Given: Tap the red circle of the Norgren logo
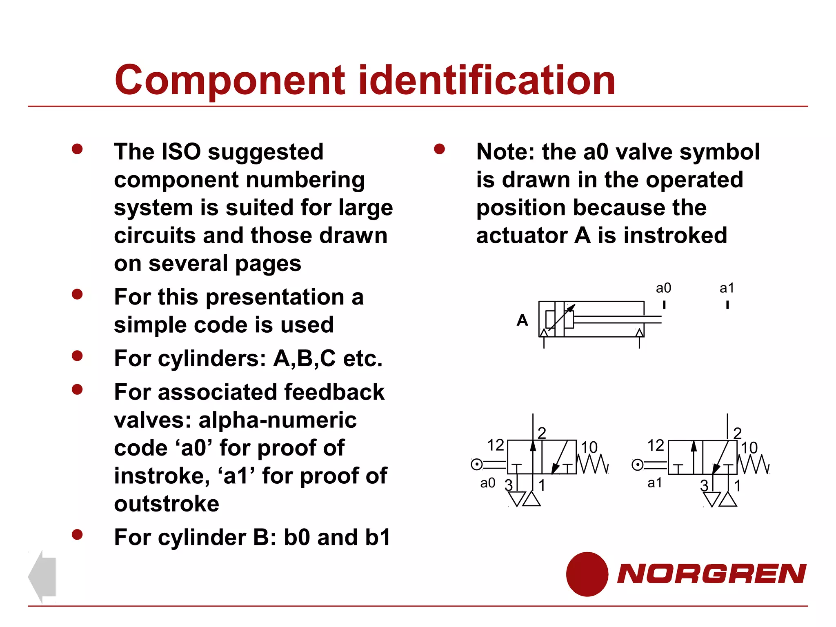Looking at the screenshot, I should [x=587, y=574].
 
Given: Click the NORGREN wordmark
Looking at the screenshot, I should [x=711, y=574].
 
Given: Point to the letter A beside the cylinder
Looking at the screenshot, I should [x=522, y=320].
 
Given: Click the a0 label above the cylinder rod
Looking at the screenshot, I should [x=663, y=288].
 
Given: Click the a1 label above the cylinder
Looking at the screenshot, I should [x=727, y=288].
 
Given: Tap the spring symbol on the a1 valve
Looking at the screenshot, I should [x=754, y=465].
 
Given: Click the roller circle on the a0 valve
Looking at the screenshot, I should [x=476, y=465].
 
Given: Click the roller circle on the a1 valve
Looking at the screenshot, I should [x=637, y=465].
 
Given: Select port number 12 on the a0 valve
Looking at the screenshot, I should [x=496, y=445].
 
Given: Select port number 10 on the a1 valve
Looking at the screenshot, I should [x=749, y=447].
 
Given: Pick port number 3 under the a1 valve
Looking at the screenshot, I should [x=704, y=485].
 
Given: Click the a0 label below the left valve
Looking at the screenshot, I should [x=487, y=483].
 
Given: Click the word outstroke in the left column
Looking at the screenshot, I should [x=167, y=504].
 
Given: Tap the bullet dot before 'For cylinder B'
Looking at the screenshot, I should [x=77, y=534].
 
